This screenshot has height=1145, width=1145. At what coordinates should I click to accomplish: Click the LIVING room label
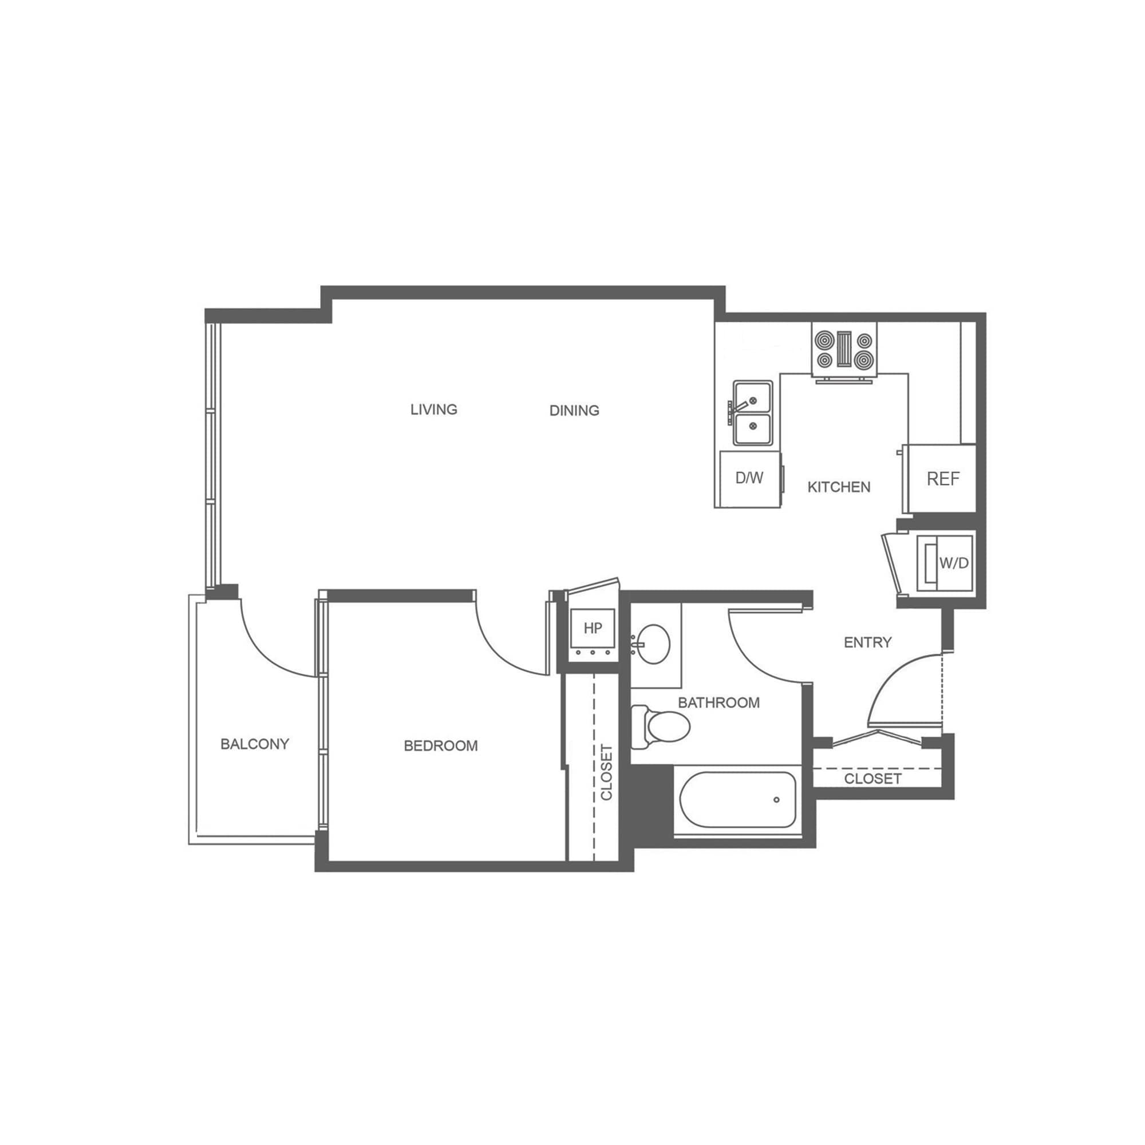[434, 409]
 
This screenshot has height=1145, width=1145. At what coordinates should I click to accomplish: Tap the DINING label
[574, 410]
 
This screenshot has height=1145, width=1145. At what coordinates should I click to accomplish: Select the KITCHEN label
[839, 487]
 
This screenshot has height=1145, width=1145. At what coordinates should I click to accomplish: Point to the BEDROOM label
[440, 745]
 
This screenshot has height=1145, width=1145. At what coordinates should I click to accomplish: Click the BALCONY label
[254, 744]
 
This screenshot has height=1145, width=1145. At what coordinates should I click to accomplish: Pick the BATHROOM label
[718, 703]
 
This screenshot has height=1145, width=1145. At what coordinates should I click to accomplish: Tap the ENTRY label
[868, 642]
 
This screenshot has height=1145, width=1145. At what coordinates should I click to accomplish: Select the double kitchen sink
[753, 413]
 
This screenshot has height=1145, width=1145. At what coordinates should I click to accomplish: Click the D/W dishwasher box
[749, 477]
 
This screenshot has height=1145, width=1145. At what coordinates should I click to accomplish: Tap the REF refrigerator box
[942, 479]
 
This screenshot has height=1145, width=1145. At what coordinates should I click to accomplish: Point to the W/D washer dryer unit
[946, 562]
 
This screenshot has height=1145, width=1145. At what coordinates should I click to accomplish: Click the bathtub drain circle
[776, 800]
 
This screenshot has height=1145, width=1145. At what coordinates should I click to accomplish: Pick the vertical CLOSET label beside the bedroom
[606, 772]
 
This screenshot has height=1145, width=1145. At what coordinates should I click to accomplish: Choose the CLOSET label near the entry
[872, 778]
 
